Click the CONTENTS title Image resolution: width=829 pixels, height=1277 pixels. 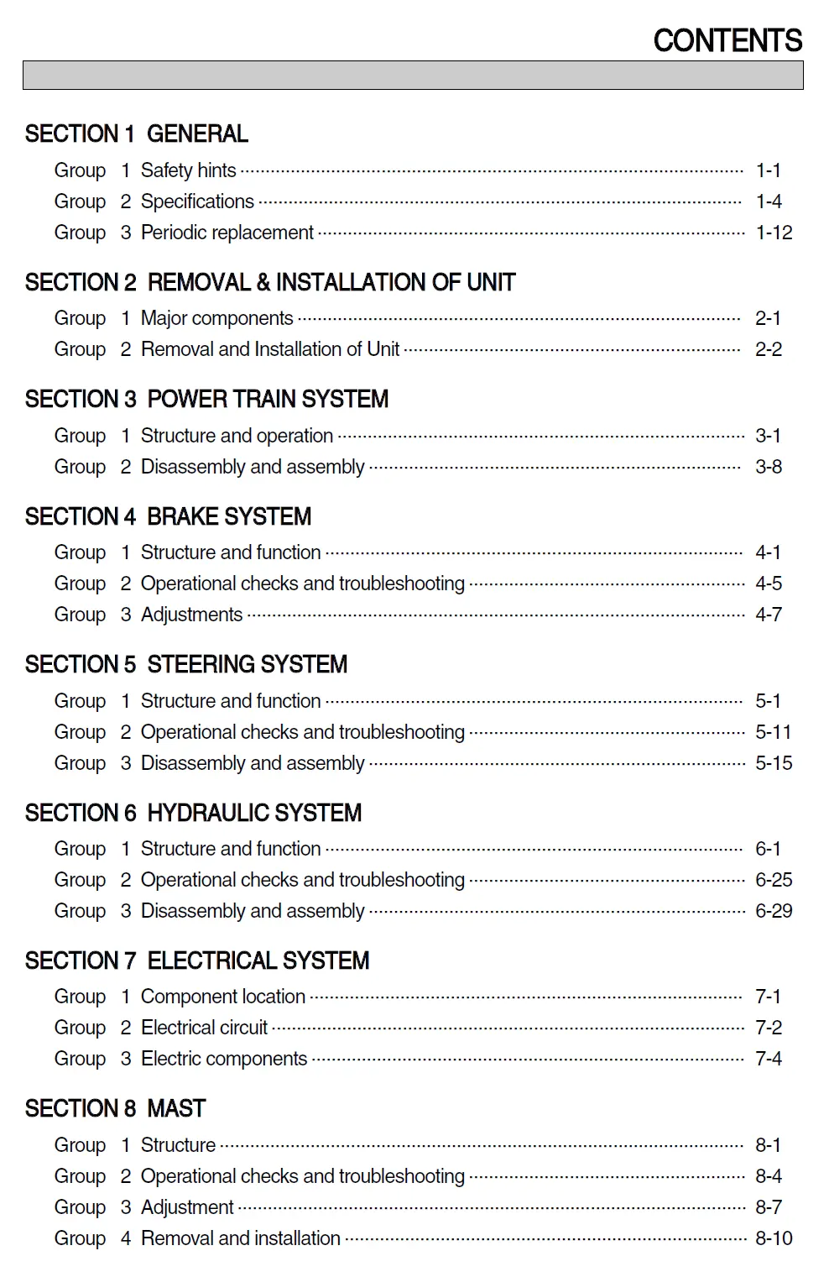point(727,40)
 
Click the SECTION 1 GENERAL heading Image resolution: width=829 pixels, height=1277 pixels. point(136,134)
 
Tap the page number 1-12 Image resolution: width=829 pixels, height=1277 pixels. point(774,233)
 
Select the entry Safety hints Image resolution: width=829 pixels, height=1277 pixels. point(188,170)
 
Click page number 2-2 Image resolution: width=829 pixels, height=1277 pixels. point(769,349)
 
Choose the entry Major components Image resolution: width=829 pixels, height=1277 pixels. point(216,318)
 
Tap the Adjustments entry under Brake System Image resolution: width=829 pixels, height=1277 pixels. point(191,615)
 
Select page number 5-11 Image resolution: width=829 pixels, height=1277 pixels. point(773,732)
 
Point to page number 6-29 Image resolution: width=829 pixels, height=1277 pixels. point(774,911)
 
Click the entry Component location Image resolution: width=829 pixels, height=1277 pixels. point(222,997)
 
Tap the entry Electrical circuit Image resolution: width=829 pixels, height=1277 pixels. point(204,1028)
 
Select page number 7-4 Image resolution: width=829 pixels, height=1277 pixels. point(769,1059)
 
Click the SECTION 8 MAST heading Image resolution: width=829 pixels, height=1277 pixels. point(115,1109)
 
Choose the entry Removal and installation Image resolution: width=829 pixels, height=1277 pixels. point(240,1238)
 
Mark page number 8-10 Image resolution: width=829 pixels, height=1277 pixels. point(774,1238)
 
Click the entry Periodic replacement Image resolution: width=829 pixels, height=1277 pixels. point(227,233)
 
